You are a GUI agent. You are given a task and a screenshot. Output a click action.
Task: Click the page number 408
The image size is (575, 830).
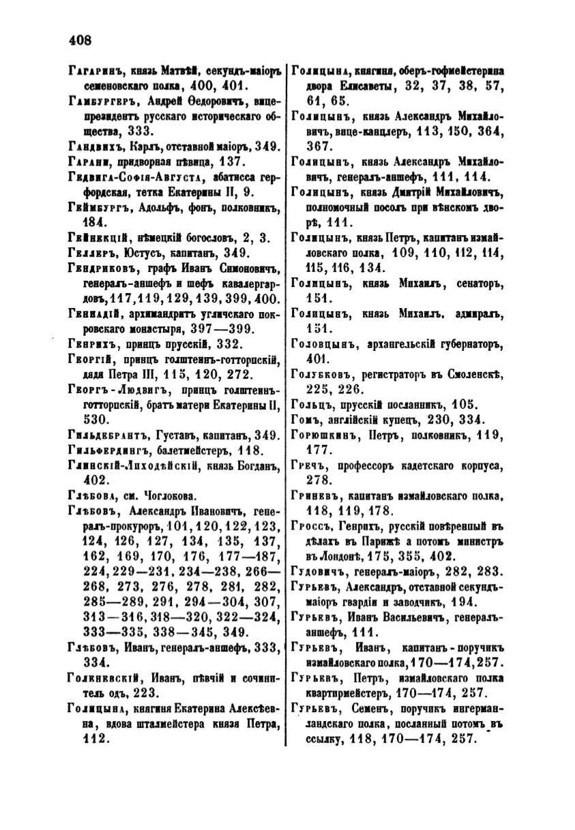80,40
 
